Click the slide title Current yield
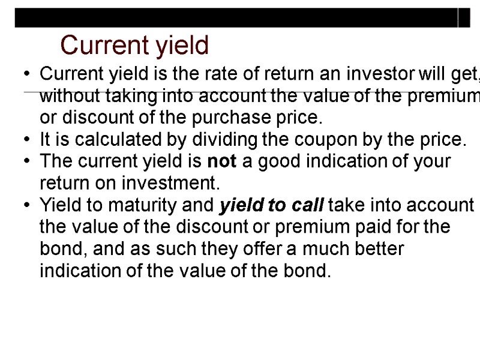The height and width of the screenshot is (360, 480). tap(134, 45)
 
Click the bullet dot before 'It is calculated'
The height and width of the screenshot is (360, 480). tap(28, 140)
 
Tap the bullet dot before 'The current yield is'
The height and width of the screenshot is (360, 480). tap(28, 162)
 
